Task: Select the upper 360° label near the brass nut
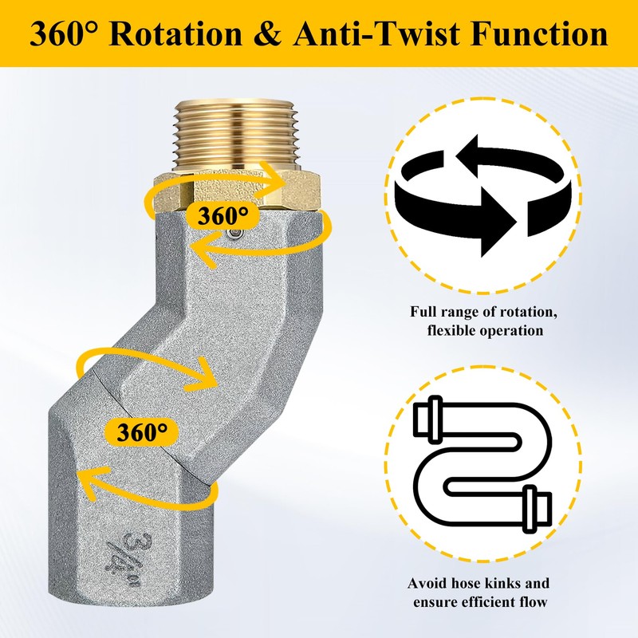coord(216,215)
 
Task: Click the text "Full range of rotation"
coord(478,312)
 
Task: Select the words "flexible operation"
coord(478,330)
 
